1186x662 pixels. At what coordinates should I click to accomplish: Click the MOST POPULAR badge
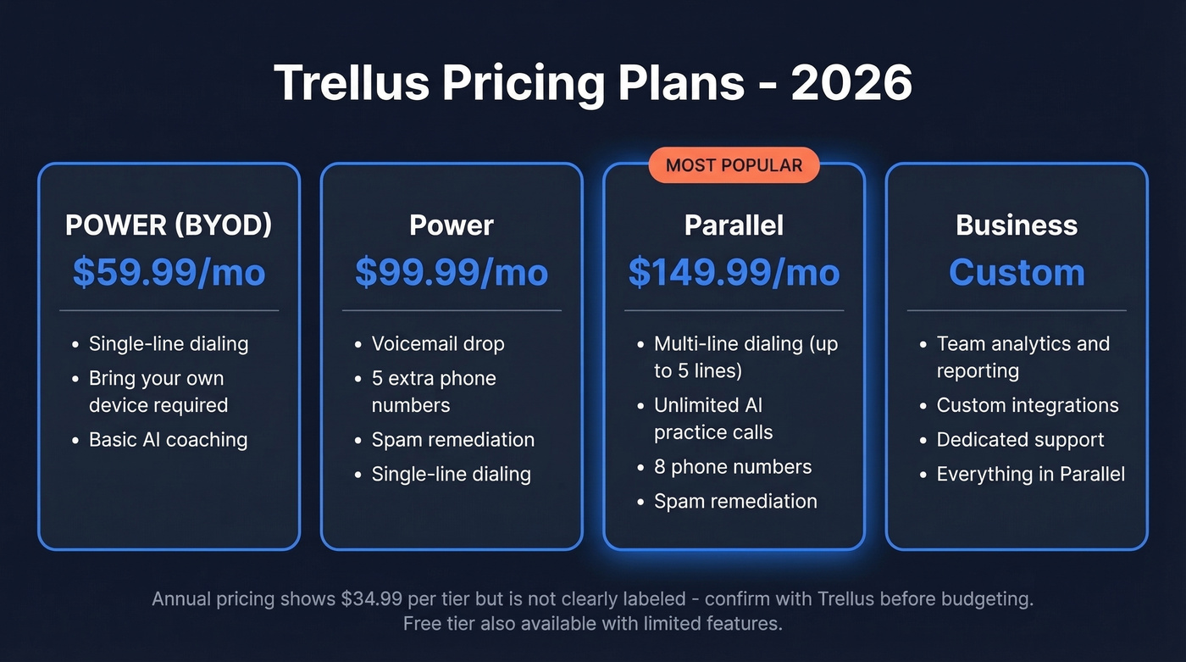tap(734, 165)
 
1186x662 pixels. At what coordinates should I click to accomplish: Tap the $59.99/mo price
tap(169, 272)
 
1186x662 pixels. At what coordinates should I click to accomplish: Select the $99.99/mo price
tap(452, 272)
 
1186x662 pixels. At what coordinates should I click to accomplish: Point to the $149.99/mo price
tap(734, 272)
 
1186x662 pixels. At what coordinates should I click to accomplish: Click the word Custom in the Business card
tap(1017, 272)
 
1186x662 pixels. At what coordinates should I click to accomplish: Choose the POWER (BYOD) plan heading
tap(169, 225)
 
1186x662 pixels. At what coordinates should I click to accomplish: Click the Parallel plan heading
tap(734, 225)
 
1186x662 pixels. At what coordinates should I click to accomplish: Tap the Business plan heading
tap(1017, 225)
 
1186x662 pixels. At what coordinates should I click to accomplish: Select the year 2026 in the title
tap(851, 83)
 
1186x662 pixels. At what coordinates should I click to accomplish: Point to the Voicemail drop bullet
tap(438, 344)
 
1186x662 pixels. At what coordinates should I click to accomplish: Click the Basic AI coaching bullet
tap(168, 440)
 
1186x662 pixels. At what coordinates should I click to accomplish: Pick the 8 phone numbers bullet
tap(733, 467)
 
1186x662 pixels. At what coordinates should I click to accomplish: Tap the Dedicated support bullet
tap(1020, 440)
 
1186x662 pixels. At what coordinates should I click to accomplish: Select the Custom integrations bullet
tap(1028, 405)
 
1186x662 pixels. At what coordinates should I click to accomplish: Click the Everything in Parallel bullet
tap(1030, 475)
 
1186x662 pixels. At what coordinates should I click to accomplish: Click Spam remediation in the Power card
tap(452, 440)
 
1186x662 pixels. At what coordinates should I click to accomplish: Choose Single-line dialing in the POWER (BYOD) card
tap(169, 344)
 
